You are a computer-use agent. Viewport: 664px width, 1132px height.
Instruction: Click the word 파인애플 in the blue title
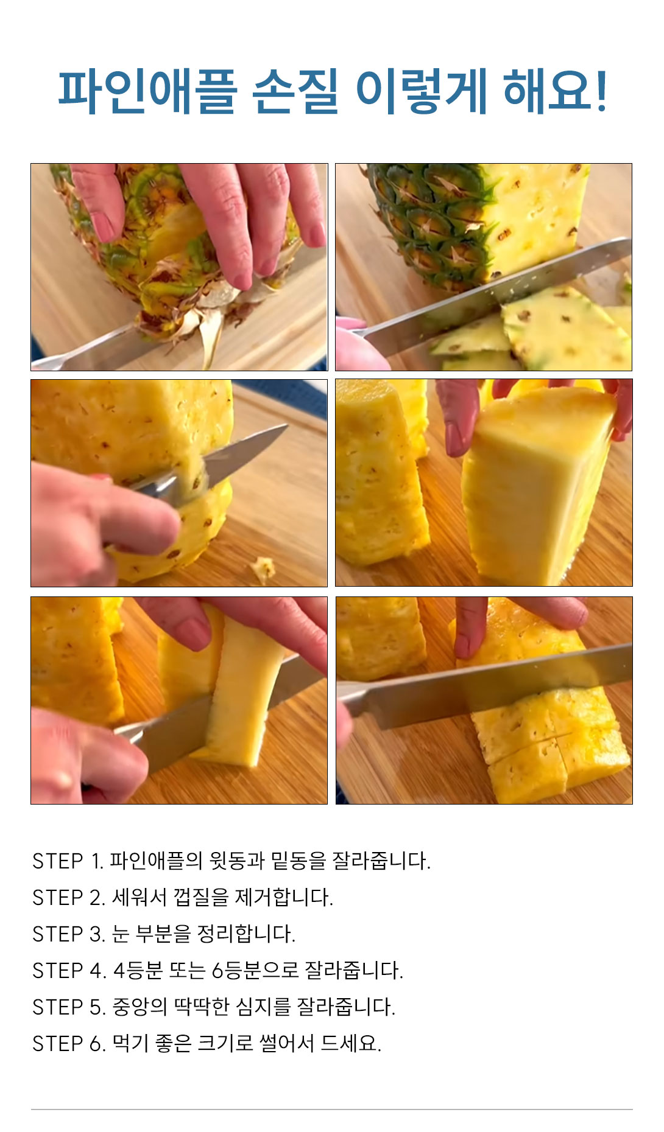click(x=147, y=92)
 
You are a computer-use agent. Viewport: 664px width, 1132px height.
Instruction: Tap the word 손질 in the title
click(x=295, y=92)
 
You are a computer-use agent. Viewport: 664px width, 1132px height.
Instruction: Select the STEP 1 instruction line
click(x=231, y=861)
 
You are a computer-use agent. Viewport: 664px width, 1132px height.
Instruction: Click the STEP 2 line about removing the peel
click(x=183, y=897)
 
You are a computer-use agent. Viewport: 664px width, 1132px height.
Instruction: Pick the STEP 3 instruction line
click(x=164, y=934)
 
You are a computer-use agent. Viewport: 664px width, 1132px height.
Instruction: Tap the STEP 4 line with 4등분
click(x=217, y=970)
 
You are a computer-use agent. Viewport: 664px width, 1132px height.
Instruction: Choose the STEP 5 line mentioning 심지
click(x=214, y=1007)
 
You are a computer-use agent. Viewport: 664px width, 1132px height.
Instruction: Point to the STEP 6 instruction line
click(x=207, y=1043)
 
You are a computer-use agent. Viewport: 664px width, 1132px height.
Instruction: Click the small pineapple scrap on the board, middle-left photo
click(x=263, y=570)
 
